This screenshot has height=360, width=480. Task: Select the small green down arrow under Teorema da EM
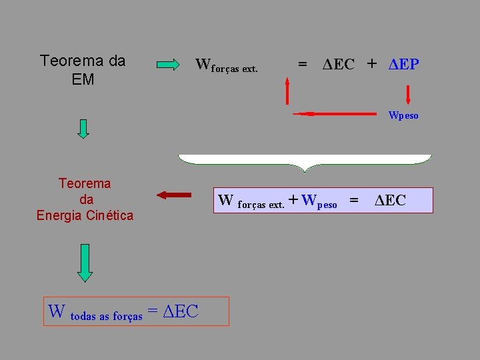pos(83,127)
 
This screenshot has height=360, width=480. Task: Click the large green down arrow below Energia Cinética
pos(85,262)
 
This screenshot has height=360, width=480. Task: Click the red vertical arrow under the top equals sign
pos(287,91)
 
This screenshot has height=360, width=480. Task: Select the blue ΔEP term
pos(403,65)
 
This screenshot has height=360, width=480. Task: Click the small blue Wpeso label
pos(403,115)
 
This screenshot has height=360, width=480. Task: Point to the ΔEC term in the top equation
pos(339,65)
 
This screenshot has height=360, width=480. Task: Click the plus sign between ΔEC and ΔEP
pos(371,64)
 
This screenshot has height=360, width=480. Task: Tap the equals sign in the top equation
pos(303,65)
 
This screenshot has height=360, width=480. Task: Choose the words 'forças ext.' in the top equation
pos(234,69)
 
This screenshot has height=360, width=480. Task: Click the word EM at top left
pos(83,79)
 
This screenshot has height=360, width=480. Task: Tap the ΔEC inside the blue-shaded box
pos(390,200)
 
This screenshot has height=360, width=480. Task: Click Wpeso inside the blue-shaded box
pos(319,201)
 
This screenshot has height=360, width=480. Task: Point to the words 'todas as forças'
pos(106,317)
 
